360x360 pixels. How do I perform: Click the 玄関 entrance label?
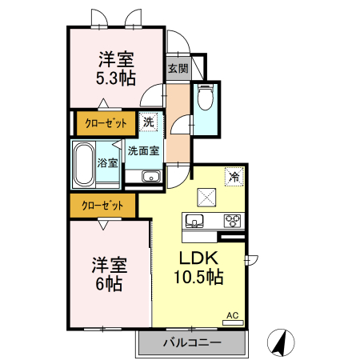click(178, 69)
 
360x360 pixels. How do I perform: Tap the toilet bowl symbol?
click(206, 97)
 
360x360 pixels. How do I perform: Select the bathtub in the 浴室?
click(84, 164)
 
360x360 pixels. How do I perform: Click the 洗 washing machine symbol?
click(148, 122)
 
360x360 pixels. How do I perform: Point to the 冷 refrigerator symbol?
click(234, 177)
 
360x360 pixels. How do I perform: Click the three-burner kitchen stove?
click(234, 221)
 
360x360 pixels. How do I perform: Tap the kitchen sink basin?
click(194, 221)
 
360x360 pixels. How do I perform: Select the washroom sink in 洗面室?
click(151, 177)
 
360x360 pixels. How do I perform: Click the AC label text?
click(233, 315)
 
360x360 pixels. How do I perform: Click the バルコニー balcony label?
click(192, 342)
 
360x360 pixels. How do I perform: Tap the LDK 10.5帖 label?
click(198, 267)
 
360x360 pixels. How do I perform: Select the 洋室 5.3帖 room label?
click(116, 69)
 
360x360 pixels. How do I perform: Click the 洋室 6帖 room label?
click(110, 274)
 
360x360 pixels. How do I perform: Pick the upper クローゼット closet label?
click(106, 123)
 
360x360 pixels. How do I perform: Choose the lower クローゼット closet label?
click(102, 206)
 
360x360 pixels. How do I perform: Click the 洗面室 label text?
click(143, 151)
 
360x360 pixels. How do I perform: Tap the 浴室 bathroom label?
click(107, 162)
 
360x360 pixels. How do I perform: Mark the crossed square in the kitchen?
click(206, 198)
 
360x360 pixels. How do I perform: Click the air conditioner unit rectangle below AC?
click(233, 322)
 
